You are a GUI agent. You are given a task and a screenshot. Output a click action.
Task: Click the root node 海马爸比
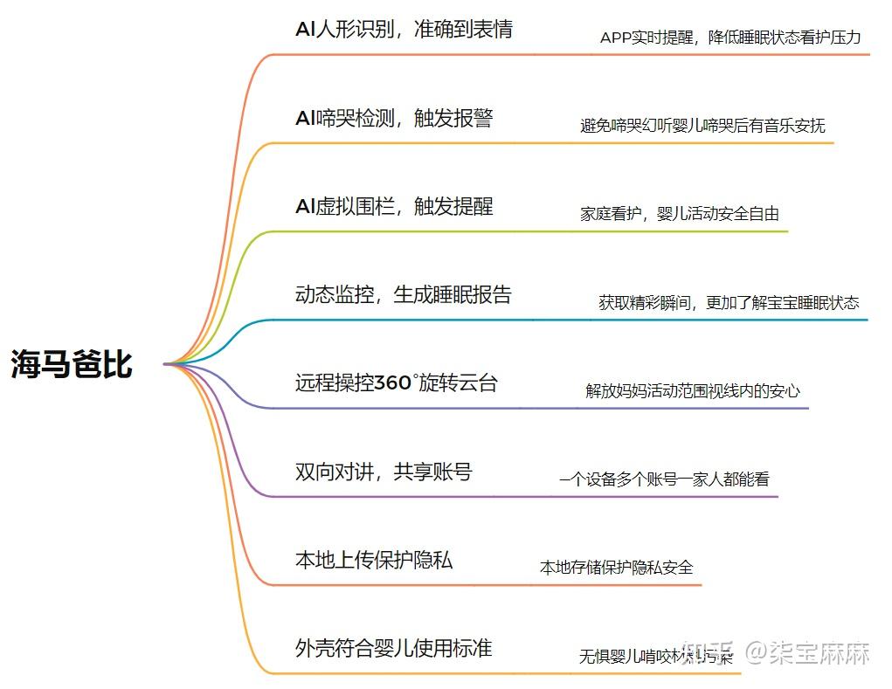72,364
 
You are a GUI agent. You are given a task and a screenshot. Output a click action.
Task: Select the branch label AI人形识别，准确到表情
404,29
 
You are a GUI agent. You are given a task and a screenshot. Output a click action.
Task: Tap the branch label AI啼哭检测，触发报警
394,118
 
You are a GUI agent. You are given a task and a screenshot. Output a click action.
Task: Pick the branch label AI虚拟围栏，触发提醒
394,206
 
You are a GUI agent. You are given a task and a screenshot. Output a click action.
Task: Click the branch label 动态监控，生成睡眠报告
403,294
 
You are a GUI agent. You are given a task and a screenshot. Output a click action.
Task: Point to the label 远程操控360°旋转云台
396,382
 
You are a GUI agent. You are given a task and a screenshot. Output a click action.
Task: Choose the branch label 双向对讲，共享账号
384,472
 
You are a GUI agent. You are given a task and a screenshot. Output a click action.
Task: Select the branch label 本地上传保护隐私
374,560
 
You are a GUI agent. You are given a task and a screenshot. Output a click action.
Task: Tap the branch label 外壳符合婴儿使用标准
393,648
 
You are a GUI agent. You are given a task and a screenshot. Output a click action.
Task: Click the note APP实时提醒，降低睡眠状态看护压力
730,38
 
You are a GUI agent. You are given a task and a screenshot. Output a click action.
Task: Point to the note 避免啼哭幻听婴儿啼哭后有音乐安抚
702,126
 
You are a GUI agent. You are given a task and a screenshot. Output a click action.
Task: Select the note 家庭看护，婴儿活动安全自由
680,214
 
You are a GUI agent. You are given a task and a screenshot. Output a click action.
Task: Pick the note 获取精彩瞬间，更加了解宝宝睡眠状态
729,303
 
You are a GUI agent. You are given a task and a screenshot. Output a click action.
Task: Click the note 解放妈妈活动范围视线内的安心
693,391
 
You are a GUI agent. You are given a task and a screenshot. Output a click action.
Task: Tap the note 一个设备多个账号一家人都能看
664,479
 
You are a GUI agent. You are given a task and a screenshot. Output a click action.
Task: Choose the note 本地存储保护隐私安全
617,568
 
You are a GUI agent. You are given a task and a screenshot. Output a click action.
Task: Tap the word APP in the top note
616,38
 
